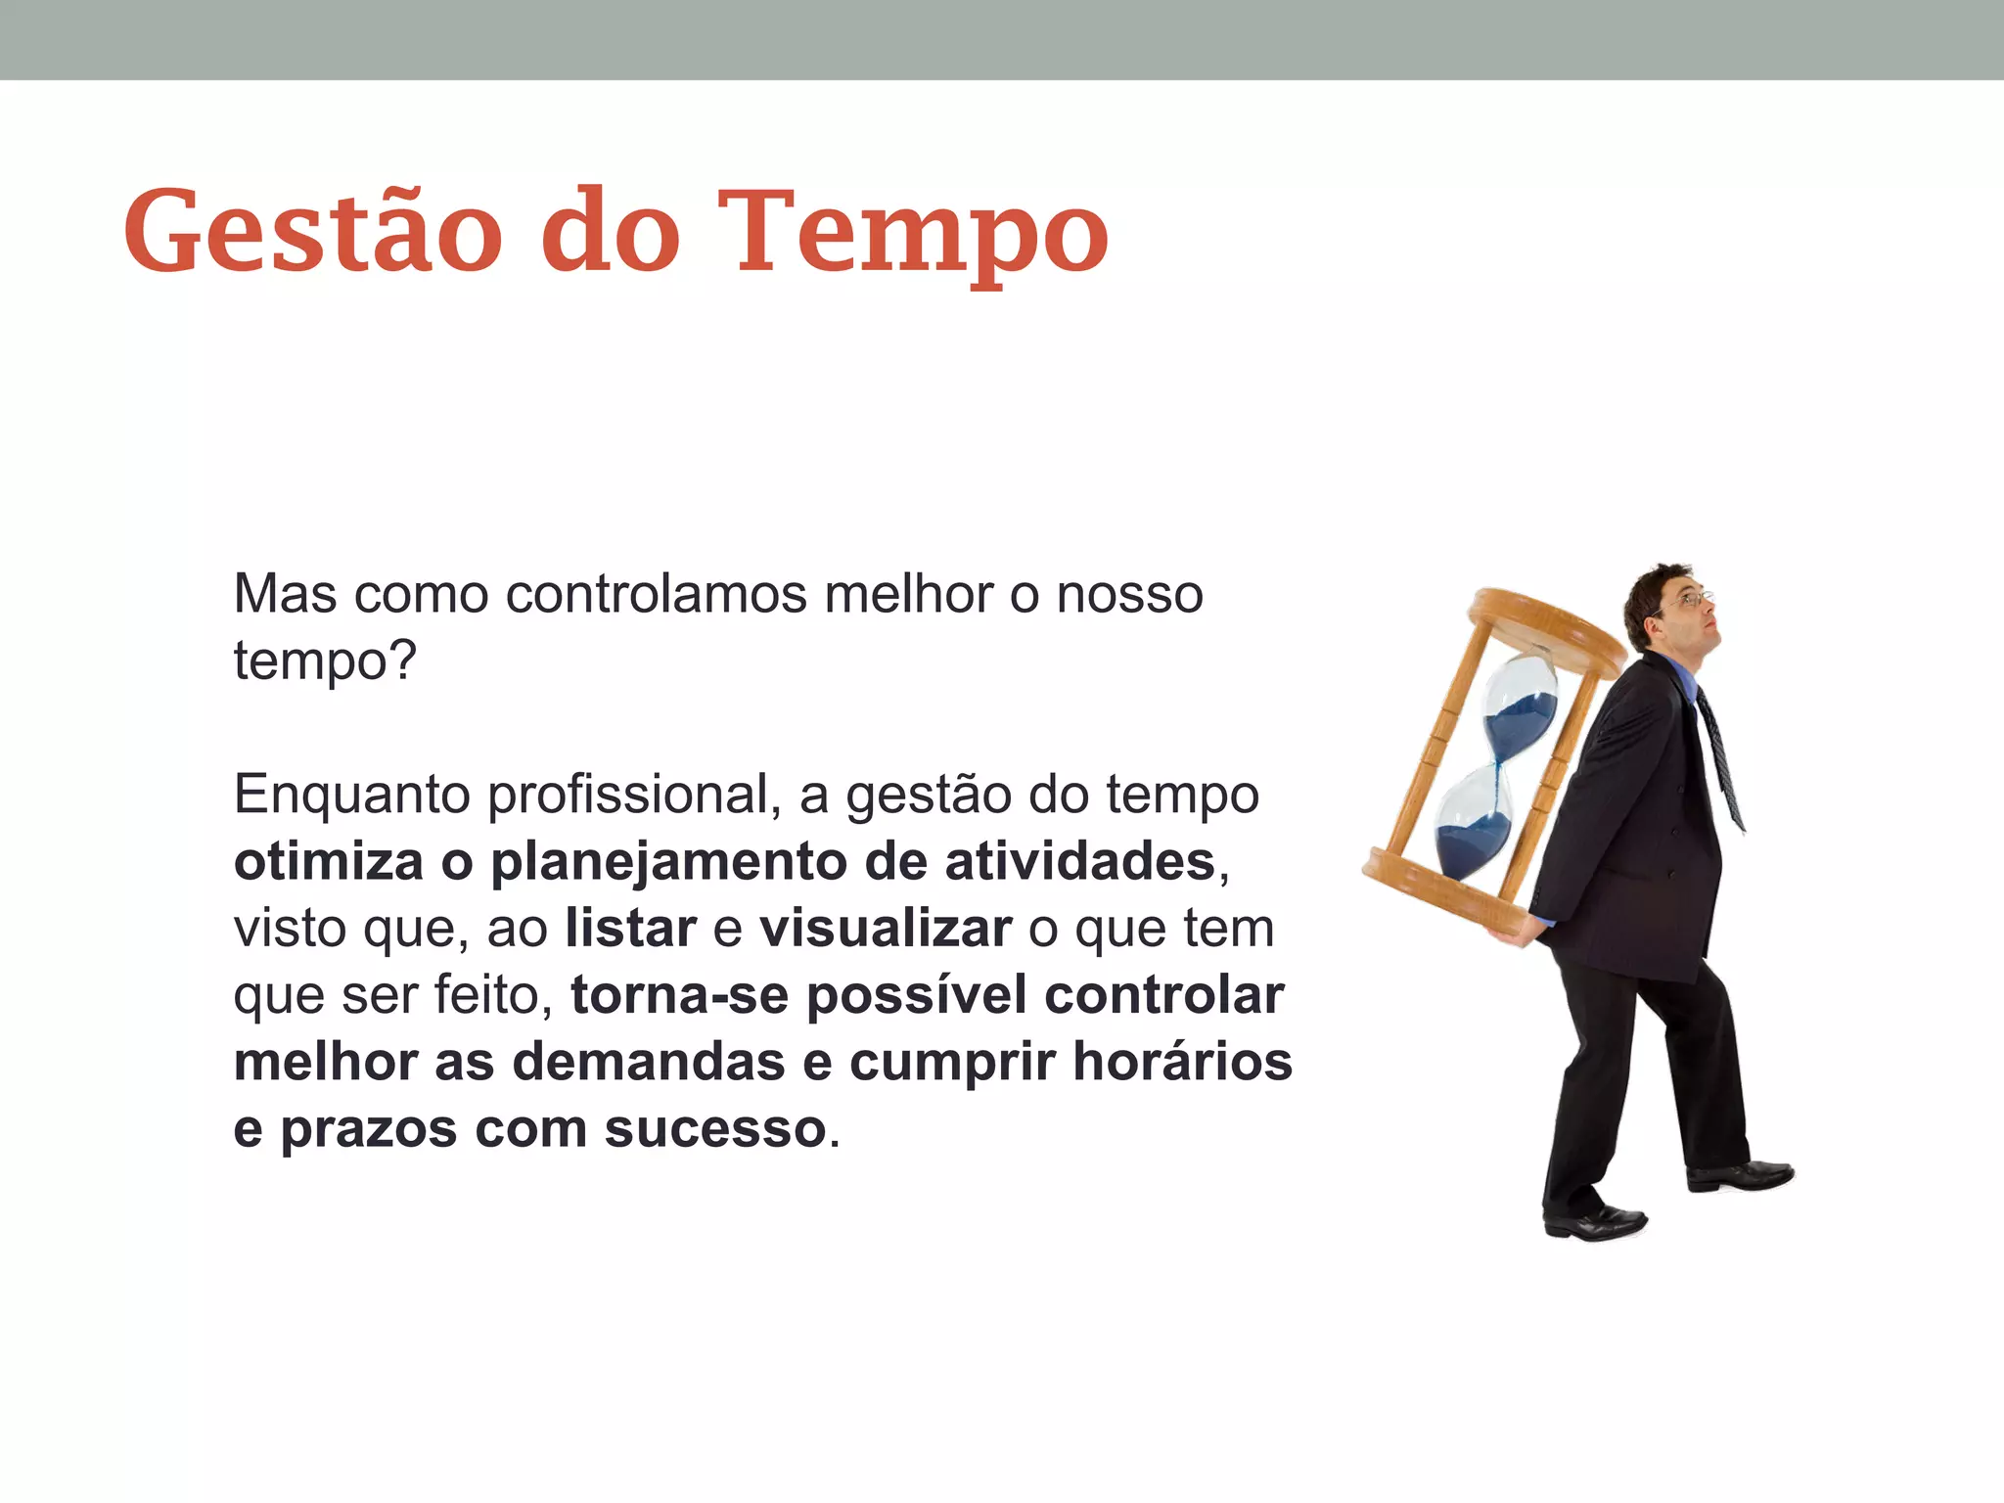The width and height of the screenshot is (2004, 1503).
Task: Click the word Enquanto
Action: [350, 795]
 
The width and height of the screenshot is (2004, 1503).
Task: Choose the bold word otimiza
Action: [329, 861]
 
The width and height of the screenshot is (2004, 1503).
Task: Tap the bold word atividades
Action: [1080, 861]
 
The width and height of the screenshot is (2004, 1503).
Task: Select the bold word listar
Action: [631, 928]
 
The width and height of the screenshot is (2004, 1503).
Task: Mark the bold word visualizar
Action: [886, 928]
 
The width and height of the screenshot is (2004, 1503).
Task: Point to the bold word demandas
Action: [649, 1062]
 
